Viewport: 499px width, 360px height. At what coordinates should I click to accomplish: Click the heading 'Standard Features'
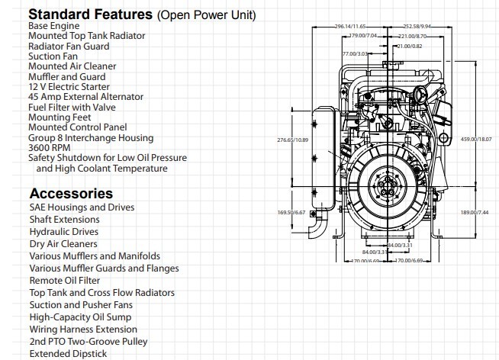point(90,14)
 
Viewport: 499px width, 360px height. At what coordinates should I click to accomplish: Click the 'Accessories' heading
point(71,194)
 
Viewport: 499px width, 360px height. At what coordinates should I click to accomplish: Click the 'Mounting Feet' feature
point(61,117)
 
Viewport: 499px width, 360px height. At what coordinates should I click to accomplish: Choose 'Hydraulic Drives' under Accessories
point(64,231)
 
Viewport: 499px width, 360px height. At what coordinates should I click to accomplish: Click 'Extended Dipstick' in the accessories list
point(68,354)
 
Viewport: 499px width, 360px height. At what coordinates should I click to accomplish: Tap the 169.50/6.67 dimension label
point(291,213)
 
